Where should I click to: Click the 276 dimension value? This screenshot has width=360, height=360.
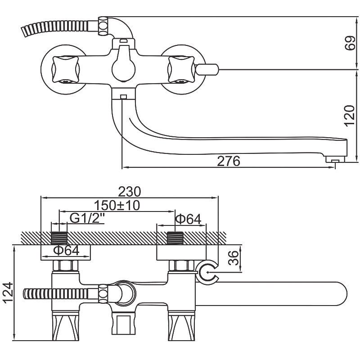229,161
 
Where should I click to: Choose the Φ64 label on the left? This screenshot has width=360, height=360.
66,250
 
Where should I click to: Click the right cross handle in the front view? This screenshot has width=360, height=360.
180,70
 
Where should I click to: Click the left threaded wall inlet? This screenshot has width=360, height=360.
59,237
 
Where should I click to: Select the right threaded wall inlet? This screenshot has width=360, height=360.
175,237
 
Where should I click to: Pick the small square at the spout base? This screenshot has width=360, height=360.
124,96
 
